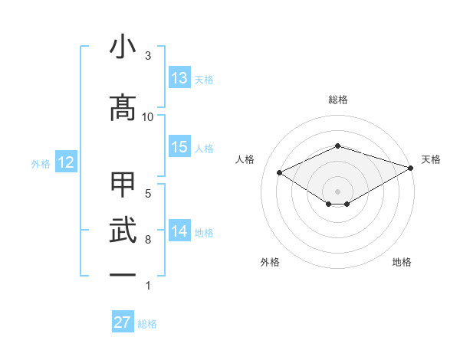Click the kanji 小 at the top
123,47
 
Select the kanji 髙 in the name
123,108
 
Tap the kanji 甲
123,185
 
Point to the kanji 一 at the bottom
123,274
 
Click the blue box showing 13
179,78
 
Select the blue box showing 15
179,147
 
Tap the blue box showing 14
179,231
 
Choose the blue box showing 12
65,162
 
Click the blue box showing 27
123,322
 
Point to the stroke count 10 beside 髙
148,116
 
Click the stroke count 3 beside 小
148,56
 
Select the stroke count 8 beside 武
148,240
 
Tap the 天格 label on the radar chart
431,159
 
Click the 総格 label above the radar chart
337,100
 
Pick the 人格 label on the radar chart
245,159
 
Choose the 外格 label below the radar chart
270,263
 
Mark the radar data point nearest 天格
412,167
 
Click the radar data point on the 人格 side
280,172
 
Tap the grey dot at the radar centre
337,190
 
